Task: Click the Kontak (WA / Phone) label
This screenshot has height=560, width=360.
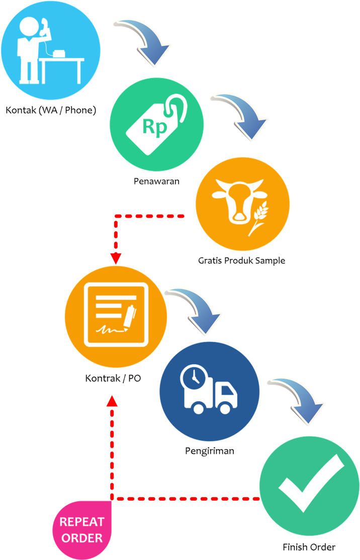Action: tap(50, 110)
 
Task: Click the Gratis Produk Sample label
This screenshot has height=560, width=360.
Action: tap(241, 261)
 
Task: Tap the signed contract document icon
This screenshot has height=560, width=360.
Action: tap(116, 315)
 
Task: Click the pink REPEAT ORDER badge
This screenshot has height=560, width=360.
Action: tap(81, 530)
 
